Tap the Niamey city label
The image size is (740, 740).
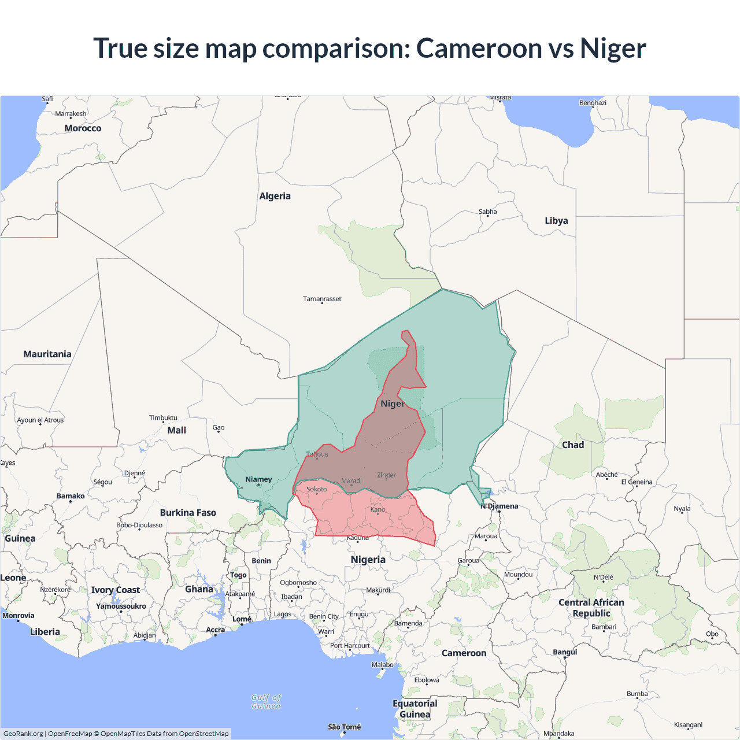coord(258,479)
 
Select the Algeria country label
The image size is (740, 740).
coord(275,196)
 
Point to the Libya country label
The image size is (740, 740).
coord(556,220)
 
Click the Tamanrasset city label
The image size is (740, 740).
coord(322,299)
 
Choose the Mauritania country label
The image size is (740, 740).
coord(47,354)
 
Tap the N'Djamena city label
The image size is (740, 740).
coord(499,506)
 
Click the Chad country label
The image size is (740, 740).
coord(573,445)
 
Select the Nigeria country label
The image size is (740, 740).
coord(368,559)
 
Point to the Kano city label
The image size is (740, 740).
coord(378,509)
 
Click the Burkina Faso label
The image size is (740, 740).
coord(188,512)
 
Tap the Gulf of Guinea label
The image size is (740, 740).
coord(266,701)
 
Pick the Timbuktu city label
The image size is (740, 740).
coord(163,417)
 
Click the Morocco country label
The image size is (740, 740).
coord(83,128)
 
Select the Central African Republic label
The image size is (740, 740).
coord(591,608)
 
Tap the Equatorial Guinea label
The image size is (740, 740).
coord(415,709)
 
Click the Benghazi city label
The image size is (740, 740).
coord(593,103)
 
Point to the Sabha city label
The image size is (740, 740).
coord(487,212)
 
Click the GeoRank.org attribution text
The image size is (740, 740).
coord(23,734)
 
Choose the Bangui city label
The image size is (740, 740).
coord(565,652)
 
